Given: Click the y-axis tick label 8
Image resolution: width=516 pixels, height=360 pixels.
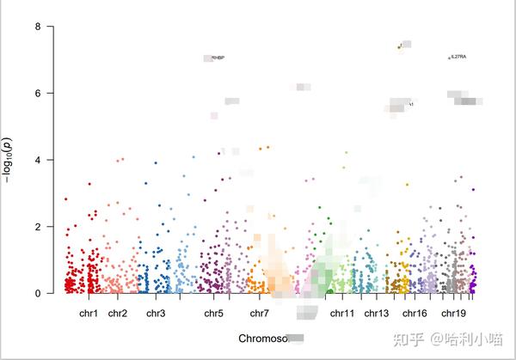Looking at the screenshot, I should [x=38, y=27].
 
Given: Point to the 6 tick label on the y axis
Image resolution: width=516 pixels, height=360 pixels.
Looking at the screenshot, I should [x=38, y=93].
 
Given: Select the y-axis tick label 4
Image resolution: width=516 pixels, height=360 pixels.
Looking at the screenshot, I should [x=38, y=160].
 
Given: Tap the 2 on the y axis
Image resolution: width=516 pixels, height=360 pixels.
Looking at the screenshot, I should [x=38, y=227].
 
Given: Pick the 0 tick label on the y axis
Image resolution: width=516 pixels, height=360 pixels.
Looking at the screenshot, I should [x=38, y=293].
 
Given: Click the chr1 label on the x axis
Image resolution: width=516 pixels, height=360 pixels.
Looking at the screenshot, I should [x=89, y=313].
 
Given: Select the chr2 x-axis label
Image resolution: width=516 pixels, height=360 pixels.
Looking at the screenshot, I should [x=118, y=313].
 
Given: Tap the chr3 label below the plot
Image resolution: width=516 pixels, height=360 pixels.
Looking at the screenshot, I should [x=156, y=313].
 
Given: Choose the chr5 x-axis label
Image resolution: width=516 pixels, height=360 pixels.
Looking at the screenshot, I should [x=214, y=313].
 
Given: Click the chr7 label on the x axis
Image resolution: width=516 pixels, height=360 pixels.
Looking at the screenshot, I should [x=259, y=313].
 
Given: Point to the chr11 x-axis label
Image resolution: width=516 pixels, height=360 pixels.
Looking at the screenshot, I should [x=341, y=313].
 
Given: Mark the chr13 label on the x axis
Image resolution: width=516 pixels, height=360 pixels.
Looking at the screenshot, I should [x=377, y=313].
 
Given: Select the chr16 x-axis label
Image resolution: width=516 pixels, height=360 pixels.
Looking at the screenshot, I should [x=415, y=313].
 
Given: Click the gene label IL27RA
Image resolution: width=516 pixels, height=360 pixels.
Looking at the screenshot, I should [x=458, y=58].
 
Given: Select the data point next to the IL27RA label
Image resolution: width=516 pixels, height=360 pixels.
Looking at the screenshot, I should [x=448, y=58].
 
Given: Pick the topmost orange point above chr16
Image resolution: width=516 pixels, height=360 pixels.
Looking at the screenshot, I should [x=399, y=46].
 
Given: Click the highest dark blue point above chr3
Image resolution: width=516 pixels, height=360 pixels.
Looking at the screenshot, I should [x=156, y=162].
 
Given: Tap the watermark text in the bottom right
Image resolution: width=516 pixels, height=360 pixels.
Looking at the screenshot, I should [x=448, y=339].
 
